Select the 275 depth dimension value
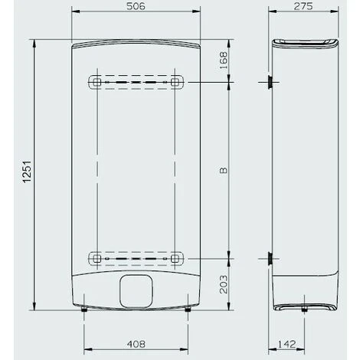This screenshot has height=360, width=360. [x=305, y=7]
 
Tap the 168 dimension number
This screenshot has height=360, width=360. [x=222, y=60]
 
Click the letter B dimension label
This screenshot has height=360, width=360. [x=222, y=169]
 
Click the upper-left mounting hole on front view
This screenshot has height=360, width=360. [x=96, y=80]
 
